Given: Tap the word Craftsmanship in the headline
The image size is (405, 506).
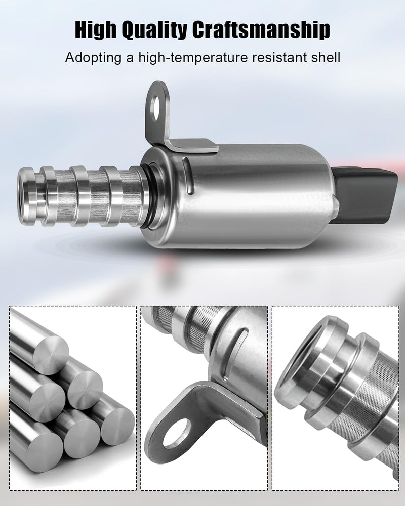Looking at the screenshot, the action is coord(261,31).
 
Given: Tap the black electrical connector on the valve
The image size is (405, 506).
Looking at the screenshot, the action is coord(364,195).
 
